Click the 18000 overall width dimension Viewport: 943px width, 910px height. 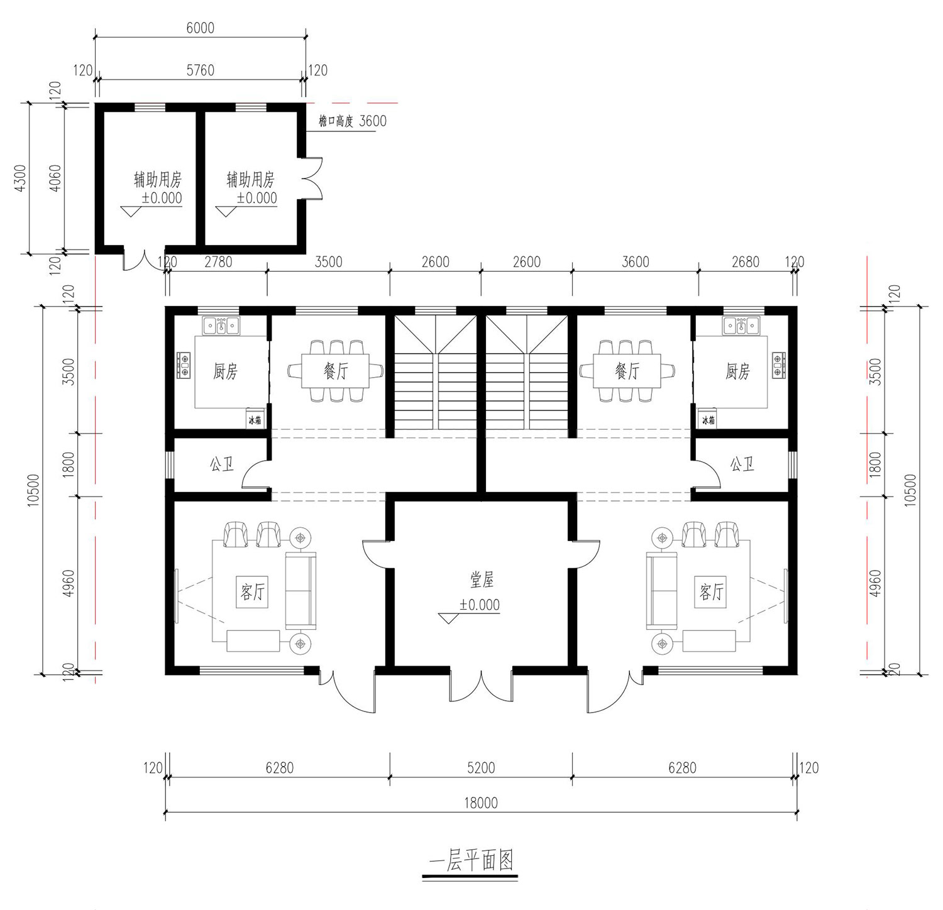tap(481, 803)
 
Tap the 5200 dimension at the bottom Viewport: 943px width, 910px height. tap(481, 767)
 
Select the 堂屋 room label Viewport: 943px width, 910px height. tap(482, 579)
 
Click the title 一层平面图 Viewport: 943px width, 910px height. tap(471, 860)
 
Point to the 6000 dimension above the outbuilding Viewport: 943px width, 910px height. tap(200, 28)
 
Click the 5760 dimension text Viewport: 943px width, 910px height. tap(201, 70)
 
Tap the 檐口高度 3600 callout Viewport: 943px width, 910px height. tap(352, 121)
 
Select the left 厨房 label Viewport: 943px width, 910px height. tap(225, 371)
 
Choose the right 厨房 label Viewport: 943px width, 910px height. tap(737, 371)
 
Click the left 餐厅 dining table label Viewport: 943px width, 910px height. tap(335, 371)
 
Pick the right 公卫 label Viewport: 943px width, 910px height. tap(742, 464)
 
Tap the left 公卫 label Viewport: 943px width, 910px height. tap(221, 464)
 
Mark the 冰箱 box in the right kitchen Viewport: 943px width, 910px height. tap(708, 419)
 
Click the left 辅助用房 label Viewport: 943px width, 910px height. tap(158, 180)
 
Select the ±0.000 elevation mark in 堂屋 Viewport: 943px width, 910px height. tap(480, 605)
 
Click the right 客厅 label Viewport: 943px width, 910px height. tap(712, 591)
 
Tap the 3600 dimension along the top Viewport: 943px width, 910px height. tap(635, 261)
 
